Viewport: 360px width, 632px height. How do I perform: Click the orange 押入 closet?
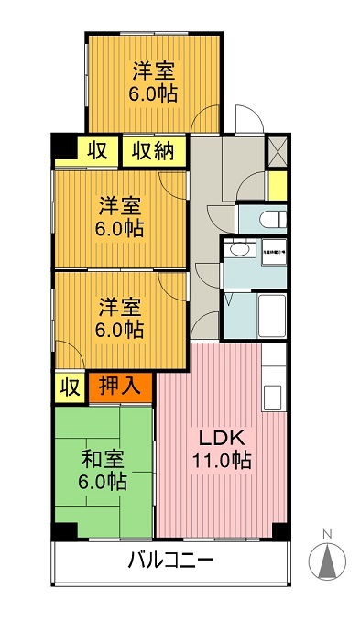(x=120, y=387)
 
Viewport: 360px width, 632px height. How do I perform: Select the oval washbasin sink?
(x=240, y=250)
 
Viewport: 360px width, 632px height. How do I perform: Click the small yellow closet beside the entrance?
(x=276, y=183)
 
